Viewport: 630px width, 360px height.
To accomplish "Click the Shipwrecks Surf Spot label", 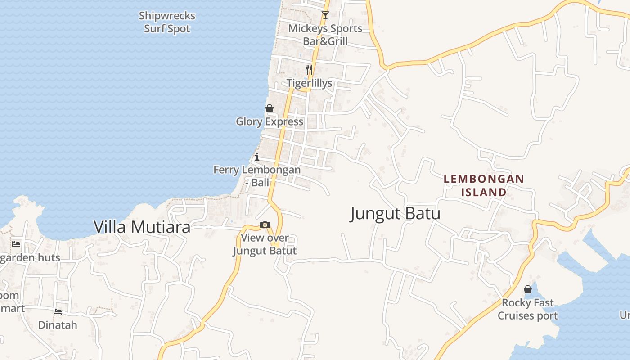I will (167, 22).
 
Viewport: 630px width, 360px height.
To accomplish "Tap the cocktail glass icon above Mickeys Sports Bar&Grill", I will (325, 15).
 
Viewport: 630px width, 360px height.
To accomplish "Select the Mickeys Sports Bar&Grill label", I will (325, 35).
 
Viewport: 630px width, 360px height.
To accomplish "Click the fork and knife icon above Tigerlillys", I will (309, 70).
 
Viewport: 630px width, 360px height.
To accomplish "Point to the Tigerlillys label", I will (310, 83).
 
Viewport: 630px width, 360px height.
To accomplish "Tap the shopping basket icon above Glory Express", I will (270, 108).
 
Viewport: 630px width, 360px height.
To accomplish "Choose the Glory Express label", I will (270, 121).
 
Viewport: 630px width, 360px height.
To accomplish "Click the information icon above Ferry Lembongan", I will (257, 157).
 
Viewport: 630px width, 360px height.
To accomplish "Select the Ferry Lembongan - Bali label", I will (257, 176).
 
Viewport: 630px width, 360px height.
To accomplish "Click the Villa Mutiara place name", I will (142, 227).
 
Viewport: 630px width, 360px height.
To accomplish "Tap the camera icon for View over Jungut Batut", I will (265, 225).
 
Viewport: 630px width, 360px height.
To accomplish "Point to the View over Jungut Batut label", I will (265, 244).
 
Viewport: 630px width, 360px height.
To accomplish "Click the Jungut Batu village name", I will (395, 213).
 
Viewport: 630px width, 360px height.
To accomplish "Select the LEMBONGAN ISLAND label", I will (484, 185).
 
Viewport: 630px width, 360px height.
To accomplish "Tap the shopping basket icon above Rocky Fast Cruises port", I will (528, 289).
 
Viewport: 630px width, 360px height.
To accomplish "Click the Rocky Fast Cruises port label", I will (528, 309).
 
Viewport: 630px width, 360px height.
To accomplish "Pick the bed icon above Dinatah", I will (58, 311).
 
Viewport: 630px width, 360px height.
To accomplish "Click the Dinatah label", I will (58, 325).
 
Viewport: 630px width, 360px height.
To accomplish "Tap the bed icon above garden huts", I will (17, 244).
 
